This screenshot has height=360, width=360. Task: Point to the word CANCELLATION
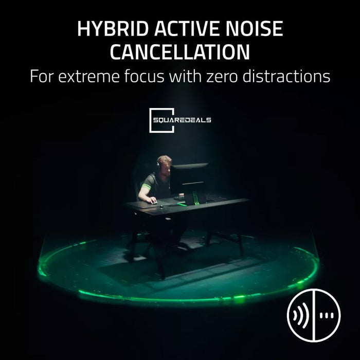[x=180, y=52]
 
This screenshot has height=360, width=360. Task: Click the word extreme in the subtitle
[x=89, y=77]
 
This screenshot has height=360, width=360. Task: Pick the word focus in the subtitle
[x=145, y=76]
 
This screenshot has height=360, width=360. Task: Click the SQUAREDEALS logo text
[x=182, y=120]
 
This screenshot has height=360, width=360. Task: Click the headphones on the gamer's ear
[x=158, y=164]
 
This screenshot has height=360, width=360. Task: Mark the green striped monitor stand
[x=195, y=197]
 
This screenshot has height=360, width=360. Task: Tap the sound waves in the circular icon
[x=300, y=315]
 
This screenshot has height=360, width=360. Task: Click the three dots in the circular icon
[x=327, y=316]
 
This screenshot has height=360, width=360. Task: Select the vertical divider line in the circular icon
[x=314, y=315]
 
